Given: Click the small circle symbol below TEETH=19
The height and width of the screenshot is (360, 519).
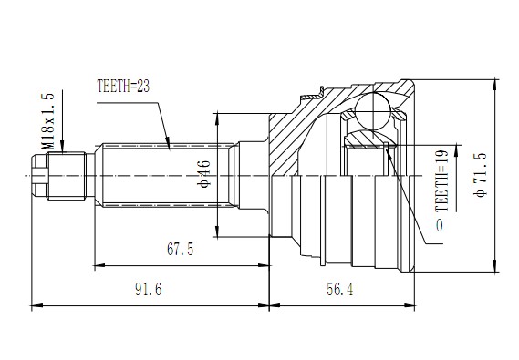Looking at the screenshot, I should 441,224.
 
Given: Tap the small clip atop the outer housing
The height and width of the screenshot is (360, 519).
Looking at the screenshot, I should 321,90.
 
